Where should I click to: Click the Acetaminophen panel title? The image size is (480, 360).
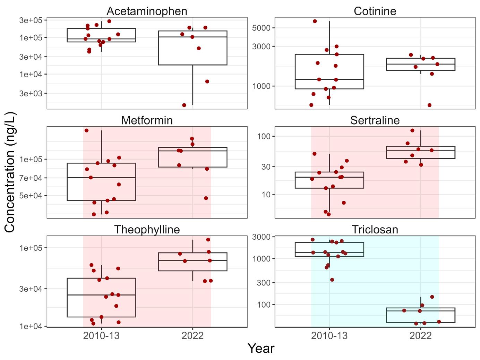tap(147, 11)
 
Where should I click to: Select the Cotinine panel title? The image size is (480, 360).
tap(375, 11)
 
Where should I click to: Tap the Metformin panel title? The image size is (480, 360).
tap(147, 120)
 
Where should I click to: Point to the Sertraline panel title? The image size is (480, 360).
tap(375, 120)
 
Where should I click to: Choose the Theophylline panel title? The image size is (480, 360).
tap(147, 230)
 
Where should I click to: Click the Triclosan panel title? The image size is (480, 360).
tap(375, 230)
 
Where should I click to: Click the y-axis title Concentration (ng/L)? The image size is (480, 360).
tap(10, 172)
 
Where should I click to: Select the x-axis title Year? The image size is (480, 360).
tap(261, 348)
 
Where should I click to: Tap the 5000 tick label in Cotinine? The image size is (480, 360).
tap(261, 28)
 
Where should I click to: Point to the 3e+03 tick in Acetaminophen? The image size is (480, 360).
tap(31, 93)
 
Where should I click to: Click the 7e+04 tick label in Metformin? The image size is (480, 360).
tap(31, 178)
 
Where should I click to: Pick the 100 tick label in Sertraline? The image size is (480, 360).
tap(264, 136)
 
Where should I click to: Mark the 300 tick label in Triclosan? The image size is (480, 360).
tap(264, 283)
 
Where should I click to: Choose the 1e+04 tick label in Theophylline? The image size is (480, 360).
tap(31, 326)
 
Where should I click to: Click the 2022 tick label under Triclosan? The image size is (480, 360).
tap(420, 336)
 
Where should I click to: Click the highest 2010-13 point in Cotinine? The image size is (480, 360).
tap(315, 21)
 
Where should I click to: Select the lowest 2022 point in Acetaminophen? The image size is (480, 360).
tap(184, 105)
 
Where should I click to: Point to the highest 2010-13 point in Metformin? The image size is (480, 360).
tap(87, 130)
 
